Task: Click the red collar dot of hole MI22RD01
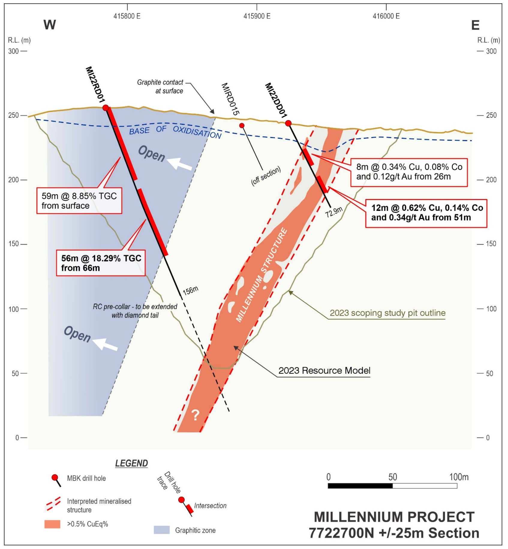(106, 108)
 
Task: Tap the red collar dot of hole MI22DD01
(288, 123)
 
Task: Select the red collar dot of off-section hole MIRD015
(242, 125)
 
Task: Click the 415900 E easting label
(257, 16)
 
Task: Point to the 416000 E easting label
(386, 16)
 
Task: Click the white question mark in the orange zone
(195, 415)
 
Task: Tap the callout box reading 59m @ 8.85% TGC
(79, 201)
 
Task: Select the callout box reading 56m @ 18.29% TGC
(101, 263)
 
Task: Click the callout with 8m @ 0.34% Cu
(409, 172)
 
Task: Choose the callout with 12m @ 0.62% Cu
(426, 213)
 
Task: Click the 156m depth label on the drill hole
(190, 290)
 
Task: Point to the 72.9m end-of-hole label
(334, 212)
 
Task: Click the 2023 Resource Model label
(324, 370)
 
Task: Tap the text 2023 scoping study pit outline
(387, 313)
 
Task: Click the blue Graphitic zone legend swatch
(162, 530)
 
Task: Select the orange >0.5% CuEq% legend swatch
(52, 524)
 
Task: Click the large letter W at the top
(50, 25)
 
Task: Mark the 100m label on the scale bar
(459, 477)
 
